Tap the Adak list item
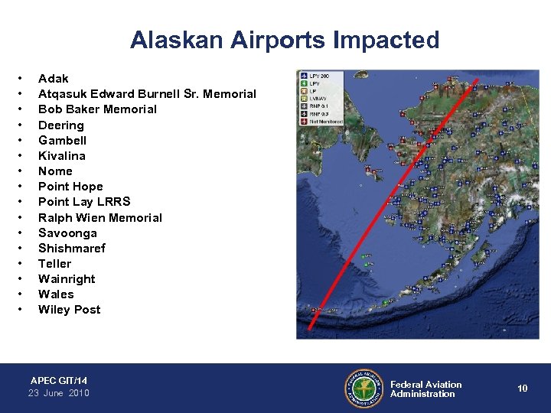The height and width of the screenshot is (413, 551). click(53, 79)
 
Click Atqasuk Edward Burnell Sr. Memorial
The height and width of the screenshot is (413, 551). click(147, 94)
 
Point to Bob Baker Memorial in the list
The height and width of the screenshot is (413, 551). click(97, 109)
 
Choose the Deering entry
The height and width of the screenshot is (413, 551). click(61, 125)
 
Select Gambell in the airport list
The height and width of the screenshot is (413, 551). click(62, 140)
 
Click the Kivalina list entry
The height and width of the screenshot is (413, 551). click(61, 155)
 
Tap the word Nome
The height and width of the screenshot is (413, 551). click(55, 171)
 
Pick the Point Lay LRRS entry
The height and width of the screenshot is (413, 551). click(84, 202)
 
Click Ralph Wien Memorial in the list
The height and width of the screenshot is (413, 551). click(100, 217)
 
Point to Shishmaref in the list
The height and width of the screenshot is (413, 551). click(72, 248)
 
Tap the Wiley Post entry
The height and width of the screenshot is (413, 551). click(69, 310)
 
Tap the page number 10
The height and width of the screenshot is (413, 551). click(522, 389)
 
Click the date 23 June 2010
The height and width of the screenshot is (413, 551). click(59, 393)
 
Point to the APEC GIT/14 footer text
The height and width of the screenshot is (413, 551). click(59, 380)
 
